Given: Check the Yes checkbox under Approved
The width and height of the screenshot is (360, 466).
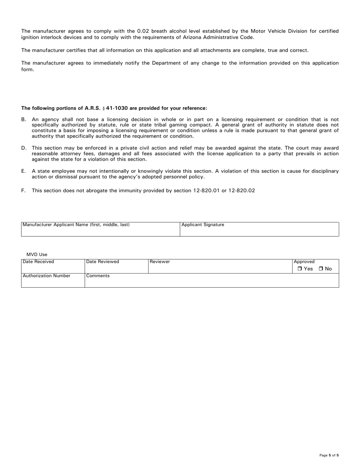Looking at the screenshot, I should coord(300,269).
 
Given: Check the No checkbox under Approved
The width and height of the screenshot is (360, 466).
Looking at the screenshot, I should coord(321,269).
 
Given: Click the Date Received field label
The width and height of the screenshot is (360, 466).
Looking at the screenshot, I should coord(38,261).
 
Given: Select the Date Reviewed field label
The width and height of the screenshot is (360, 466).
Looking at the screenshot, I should coord(103,261).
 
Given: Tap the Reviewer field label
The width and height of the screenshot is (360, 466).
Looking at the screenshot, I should coord(160,261).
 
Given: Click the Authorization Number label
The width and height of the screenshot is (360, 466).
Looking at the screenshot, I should coord(47,275).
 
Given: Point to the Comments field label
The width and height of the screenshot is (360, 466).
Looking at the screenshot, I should coord(98,275).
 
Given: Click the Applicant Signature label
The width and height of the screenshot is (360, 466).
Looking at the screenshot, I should coord(203,225).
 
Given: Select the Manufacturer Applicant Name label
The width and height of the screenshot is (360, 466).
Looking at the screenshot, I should coord(76,225).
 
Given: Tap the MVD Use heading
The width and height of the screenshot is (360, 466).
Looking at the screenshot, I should coord(37,254).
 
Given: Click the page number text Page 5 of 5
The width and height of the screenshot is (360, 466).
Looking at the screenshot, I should coord(329,455).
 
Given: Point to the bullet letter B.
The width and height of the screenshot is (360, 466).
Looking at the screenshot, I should coord(23,119).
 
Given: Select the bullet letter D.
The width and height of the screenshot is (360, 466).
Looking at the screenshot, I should coord(23,148).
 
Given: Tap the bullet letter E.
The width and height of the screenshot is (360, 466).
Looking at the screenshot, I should coord(23,171).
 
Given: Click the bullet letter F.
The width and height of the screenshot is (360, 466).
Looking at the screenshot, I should coord(23,191).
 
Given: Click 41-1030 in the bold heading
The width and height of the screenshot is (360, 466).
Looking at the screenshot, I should coord(117,108).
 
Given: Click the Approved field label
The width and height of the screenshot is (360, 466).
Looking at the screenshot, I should coord(304,261).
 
